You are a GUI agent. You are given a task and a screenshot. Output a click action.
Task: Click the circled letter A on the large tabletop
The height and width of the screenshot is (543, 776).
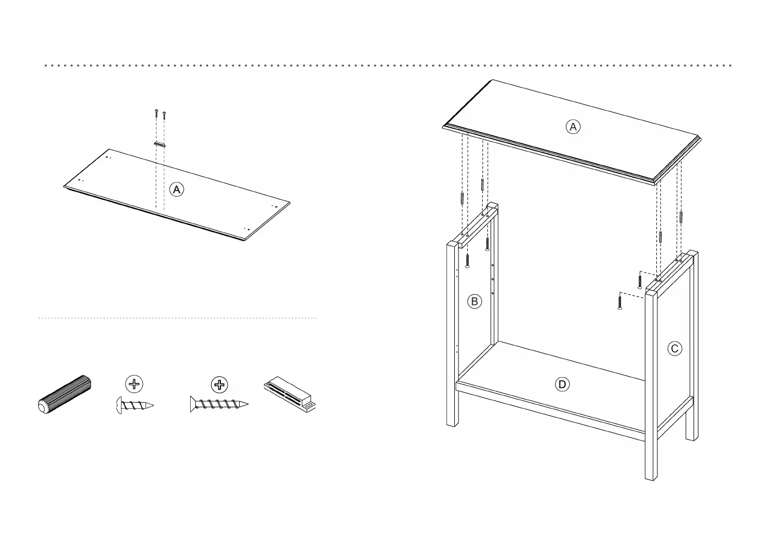(x=573, y=127)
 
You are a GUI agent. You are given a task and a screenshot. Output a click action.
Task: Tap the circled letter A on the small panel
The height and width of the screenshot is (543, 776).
(x=176, y=189)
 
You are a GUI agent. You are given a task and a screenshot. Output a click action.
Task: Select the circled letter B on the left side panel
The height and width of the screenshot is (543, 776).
(x=474, y=301)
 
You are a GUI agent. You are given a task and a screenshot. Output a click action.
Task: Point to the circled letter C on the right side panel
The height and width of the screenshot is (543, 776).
(x=674, y=349)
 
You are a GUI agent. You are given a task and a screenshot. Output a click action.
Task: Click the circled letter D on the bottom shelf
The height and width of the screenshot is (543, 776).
(x=562, y=384)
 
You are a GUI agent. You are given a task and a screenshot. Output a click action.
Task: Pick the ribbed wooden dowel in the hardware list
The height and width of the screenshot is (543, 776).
(x=65, y=394)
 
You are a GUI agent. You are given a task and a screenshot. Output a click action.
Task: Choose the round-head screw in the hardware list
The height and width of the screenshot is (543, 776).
(x=135, y=405)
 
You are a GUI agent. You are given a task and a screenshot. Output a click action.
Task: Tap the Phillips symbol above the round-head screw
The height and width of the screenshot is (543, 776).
(x=134, y=384)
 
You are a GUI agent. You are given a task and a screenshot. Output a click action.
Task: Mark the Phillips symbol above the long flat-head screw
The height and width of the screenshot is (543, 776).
(x=219, y=384)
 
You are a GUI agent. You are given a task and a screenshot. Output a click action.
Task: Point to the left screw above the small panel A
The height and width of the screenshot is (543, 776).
(x=155, y=114)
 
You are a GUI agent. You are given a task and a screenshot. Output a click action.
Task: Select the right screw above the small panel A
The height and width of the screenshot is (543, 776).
(x=164, y=115)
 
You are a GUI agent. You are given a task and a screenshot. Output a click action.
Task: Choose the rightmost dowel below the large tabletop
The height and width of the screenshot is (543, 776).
(x=682, y=217)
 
